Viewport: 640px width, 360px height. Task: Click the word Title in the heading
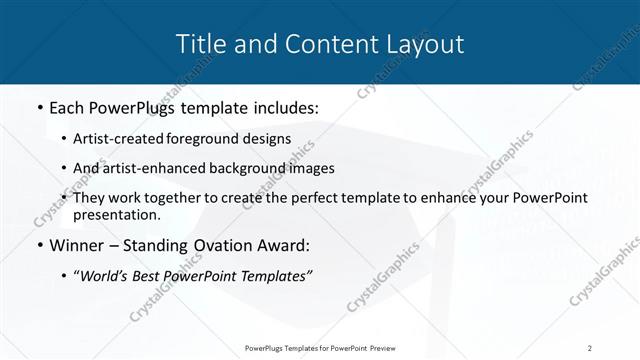(200, 43)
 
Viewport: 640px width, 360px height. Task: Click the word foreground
(210, 139)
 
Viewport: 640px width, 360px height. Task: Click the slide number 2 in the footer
(590, 347)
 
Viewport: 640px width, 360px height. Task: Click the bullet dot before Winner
(38, 246)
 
